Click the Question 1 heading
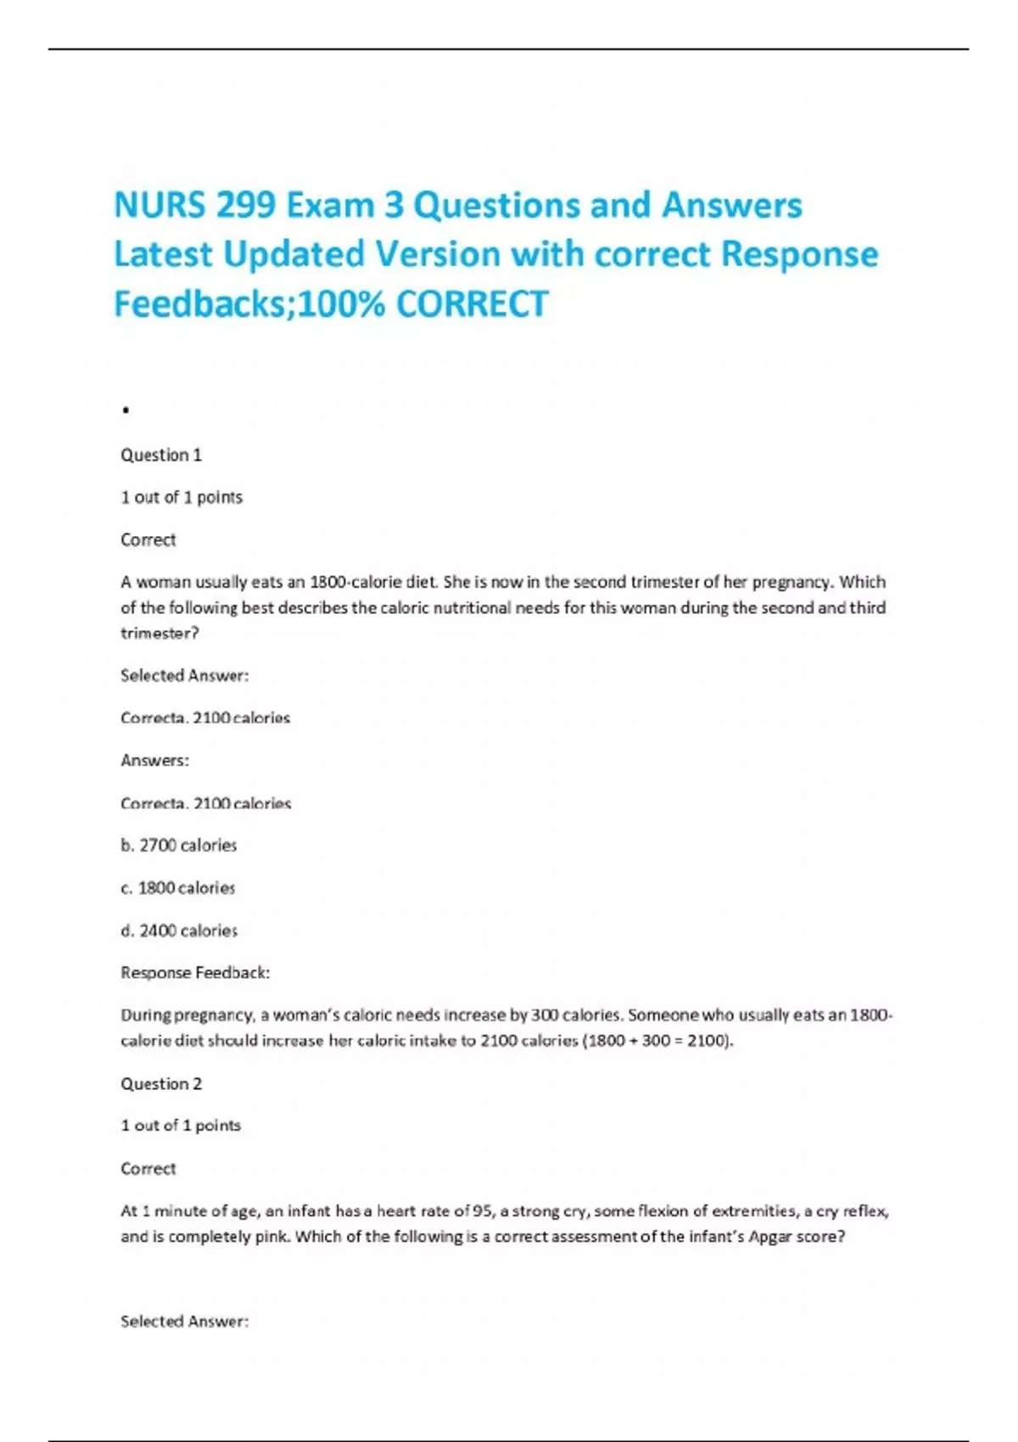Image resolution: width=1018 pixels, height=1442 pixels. click(x=161, y=455)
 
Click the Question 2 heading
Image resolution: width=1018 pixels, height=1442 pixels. click(x=161, y=1083)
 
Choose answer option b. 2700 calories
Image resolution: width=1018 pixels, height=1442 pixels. click(x=179, y=845)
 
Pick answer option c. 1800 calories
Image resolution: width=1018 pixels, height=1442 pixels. click(x=178, y=887)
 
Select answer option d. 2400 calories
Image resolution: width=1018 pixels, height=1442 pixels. click(x=179, y=931)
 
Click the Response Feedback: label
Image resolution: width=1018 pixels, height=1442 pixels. click(x=195, y=972)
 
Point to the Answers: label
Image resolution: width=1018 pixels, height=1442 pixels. click(x=154, y=760)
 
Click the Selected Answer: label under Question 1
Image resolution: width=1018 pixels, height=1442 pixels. click(x=184, y=675)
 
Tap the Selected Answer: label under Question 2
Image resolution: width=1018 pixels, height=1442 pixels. click(x=184, y=1321)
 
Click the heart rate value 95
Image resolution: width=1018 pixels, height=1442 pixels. click(x=482, y=1210)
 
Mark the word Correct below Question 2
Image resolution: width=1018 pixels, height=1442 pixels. click(x=148, y=1168)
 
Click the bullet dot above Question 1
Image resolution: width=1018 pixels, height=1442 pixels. click(x=126, y=411)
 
